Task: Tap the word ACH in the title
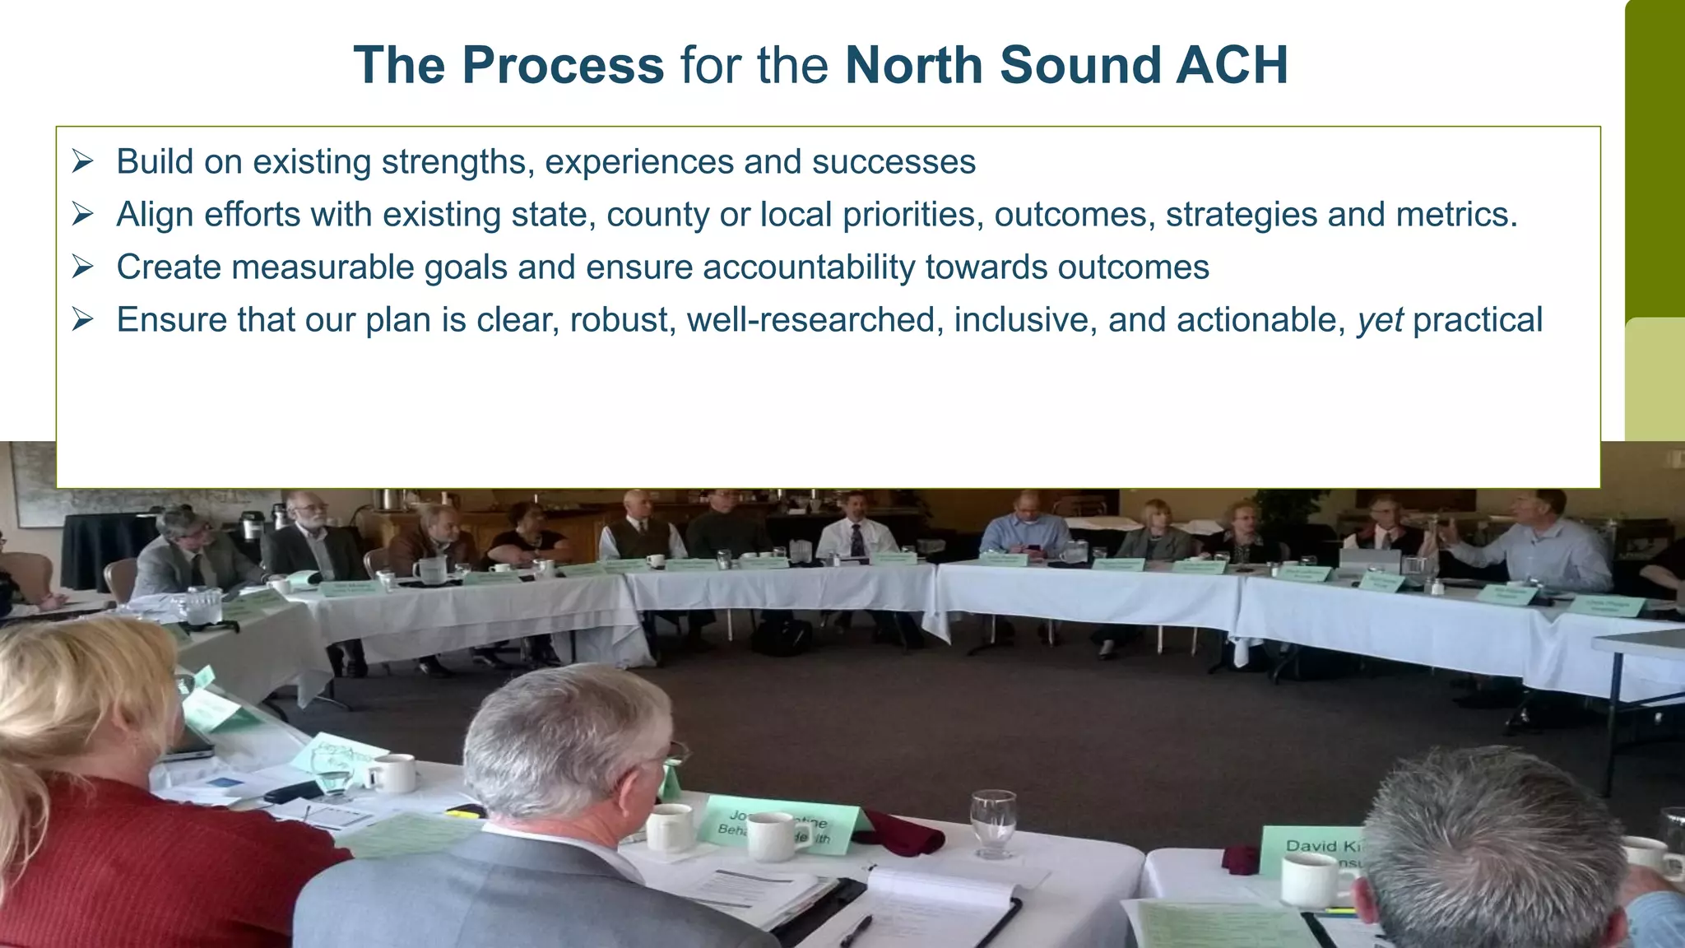point(1231,65)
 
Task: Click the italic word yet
point(1380,320)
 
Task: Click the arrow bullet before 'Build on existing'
point(82,161)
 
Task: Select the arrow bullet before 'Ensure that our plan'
point(82,319)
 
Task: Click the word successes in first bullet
point(894,162)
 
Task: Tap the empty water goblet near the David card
point(994,821)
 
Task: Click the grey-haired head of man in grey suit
point(568,732)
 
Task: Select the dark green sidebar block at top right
point(1655,156)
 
